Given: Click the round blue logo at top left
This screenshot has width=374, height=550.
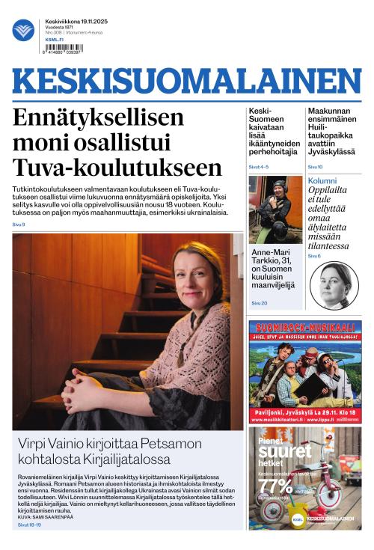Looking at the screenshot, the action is [23, 30].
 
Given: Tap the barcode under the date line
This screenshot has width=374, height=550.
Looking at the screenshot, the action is [64, 48].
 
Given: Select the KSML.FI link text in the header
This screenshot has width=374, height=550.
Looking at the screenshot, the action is [55, 40].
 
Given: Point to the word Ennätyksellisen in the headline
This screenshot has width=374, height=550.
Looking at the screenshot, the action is [98, 117].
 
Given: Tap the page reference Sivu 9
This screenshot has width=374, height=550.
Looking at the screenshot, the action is [19, 224].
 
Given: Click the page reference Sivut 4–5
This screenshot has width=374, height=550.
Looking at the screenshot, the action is [258, 167].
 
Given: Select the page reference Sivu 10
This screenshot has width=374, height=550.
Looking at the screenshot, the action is [315, 167].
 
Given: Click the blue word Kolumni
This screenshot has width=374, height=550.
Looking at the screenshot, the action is [322, 181].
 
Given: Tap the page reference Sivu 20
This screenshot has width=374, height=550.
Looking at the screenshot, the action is [259, 303].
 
